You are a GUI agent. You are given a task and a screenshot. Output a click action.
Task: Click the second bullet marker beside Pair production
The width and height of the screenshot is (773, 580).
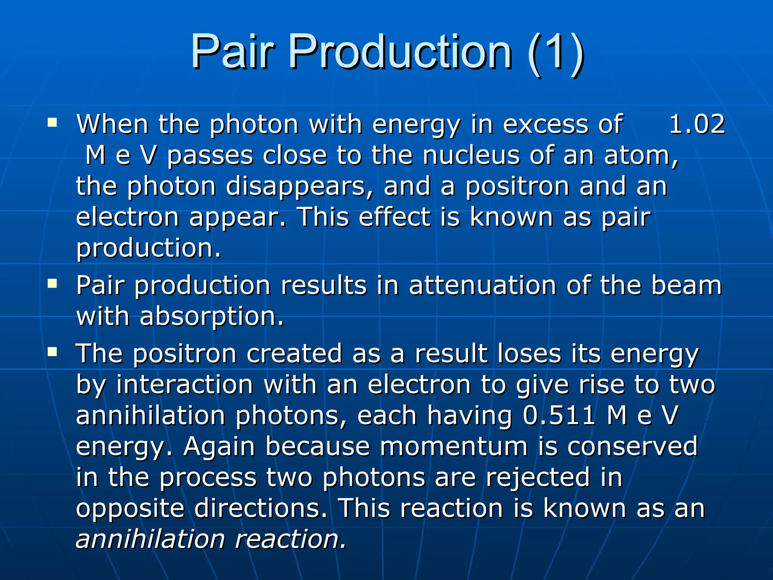tap(52, 284)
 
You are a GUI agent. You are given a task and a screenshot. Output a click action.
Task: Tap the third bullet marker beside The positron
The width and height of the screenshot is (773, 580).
tap(52, 352)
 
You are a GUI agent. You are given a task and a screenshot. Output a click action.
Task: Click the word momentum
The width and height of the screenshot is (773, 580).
tap(453, 446)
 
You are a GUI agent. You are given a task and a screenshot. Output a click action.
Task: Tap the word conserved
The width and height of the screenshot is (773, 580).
tap(632, 446)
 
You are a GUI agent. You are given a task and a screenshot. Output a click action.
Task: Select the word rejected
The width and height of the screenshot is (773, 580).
tap(537, 478)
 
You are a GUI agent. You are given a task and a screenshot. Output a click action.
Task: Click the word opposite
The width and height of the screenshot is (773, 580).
tap(130, 509)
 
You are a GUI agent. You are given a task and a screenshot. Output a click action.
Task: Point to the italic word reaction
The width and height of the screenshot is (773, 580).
tap(290, 539)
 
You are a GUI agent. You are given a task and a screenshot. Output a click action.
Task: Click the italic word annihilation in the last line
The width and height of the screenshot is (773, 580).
tap(150, 539)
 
